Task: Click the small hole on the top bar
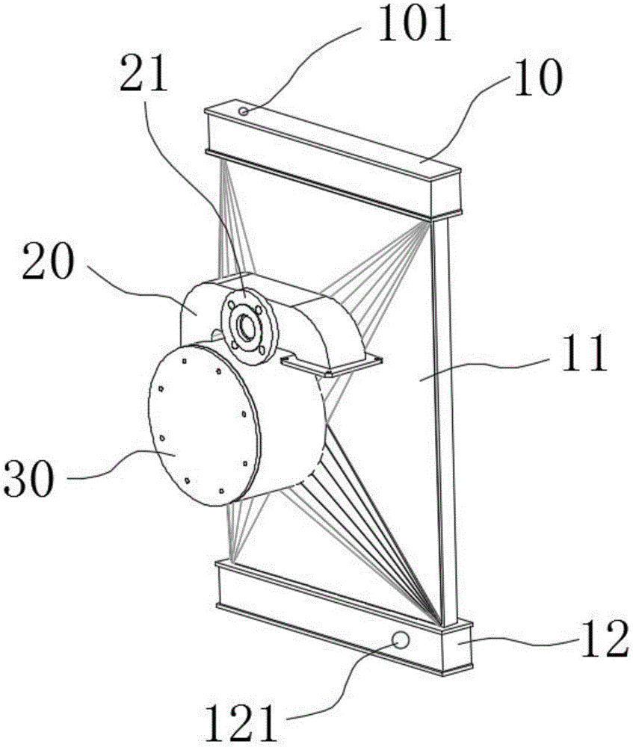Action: [245, 111]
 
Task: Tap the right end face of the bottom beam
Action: [459, 647]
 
